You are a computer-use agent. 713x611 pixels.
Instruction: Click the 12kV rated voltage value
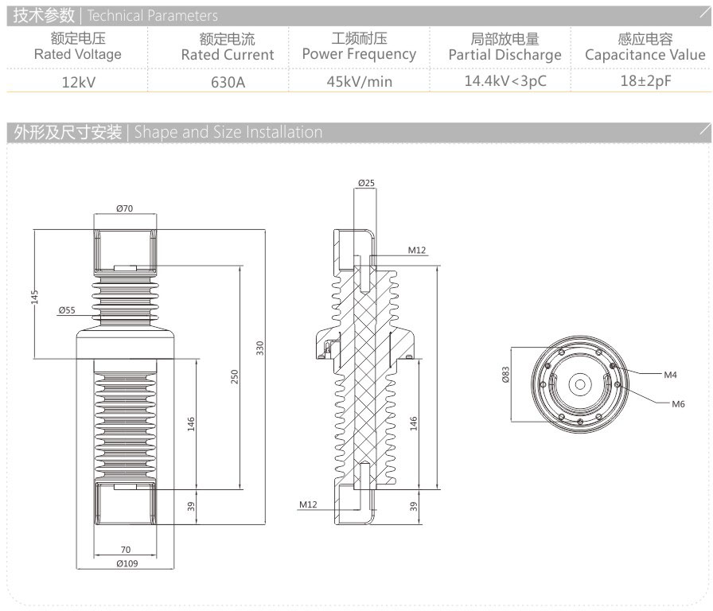point(78,81)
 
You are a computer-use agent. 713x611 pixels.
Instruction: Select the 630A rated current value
point(228,81)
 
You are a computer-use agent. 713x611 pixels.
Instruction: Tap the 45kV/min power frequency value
point(359,81)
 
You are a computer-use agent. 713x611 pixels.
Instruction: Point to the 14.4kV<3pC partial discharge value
point(505,80)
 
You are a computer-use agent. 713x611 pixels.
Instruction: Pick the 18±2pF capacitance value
point(645,80)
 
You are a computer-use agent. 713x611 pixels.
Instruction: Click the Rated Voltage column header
point(78,54)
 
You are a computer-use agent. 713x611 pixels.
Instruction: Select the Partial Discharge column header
point(505,55)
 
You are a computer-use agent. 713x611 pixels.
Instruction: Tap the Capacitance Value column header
point(645,54)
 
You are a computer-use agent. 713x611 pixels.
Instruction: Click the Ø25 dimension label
point(366,183)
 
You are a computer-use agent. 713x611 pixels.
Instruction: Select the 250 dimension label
point(235,377)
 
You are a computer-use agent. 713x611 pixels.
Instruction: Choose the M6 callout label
point(678,404)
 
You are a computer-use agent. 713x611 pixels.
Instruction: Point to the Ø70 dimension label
point(124,208)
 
